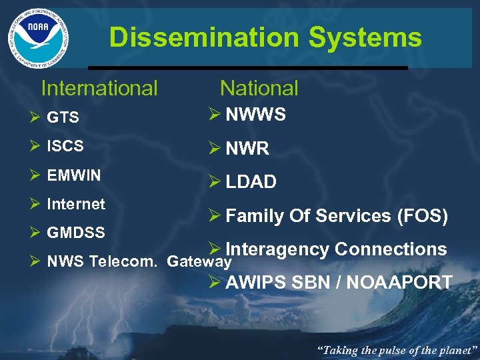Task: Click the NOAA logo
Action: pos(38,38)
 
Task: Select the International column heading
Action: pos(99,88)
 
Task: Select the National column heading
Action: pos(259,88)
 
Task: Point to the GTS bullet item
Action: pos(63,118)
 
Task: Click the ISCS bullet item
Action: pos(65,147)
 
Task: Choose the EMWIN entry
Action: pos(74,176)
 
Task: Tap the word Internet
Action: pos(76,204)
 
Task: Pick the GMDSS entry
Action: pos(76,233)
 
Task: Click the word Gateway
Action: pos(199,262)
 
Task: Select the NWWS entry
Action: pos(256,115)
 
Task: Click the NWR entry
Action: pos(247,149)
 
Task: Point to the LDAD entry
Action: pos(251,182)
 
